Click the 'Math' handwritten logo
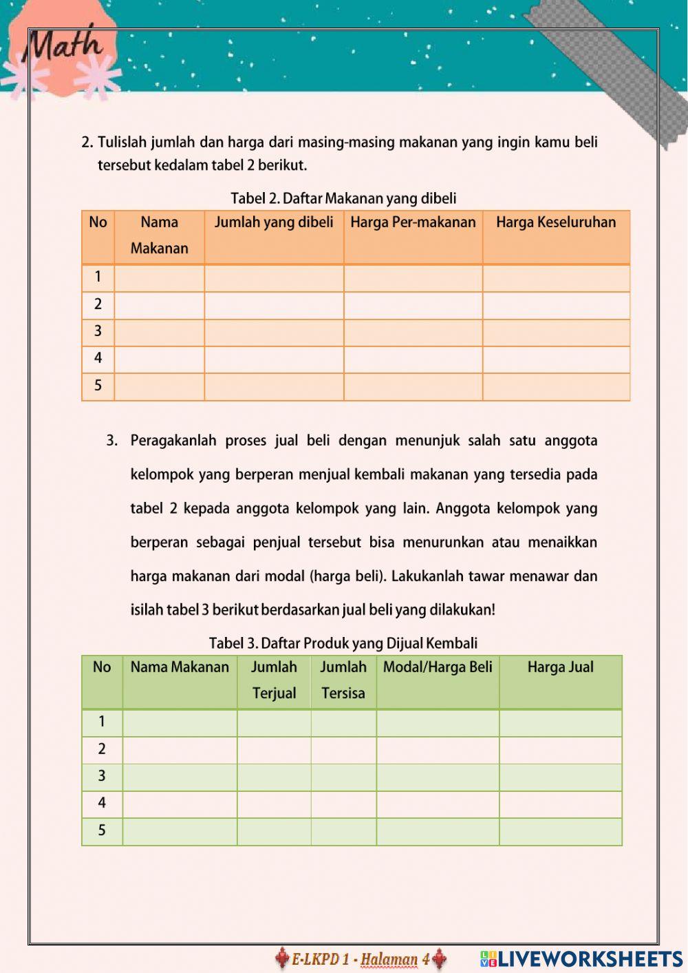click(x=64, y=47)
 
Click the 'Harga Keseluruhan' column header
click(x=556, y=222)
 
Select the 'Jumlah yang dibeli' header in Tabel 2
click(x=274, y=222)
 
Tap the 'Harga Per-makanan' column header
click(x=413, y=222)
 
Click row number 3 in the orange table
click(x=98, y=331)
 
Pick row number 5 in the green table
click(x=102, y=830)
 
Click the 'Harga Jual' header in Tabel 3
click(x=560, y=667)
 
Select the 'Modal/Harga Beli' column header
click(x=438, y=667)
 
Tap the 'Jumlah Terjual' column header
click(x=274, y=680)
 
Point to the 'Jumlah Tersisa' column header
click(x=343, y=680)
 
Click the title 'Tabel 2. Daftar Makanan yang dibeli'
click(x=343, y=199)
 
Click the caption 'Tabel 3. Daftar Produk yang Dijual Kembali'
click(x=343, y=644)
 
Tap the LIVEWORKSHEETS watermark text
click(x=590, y=959)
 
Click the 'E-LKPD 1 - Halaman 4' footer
click(x=361, y=959)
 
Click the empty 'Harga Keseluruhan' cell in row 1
click(x=556, y=278)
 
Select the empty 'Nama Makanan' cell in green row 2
click(x=180, y=750)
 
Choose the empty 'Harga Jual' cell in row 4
click(x=560, y=804)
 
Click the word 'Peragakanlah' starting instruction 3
click(x=173, y=441)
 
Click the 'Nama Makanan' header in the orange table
click(x=159, y=236)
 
